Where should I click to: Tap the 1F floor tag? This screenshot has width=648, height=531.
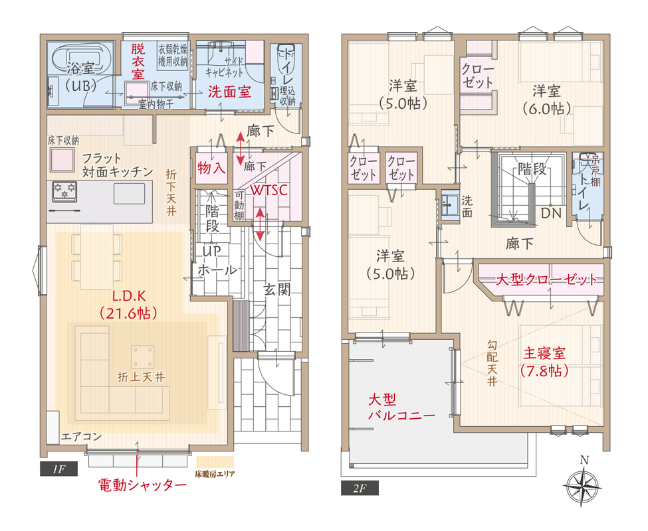(x=58, y=469)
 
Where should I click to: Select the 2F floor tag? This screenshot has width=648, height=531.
(x=360, y=489)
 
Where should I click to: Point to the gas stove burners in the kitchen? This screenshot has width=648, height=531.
(x=65, y=192)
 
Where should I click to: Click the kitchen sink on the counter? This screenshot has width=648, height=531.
(x=130, y=193)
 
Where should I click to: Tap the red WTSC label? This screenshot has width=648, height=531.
(x=269, y=190)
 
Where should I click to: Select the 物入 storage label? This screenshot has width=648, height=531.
(x=211, y=168)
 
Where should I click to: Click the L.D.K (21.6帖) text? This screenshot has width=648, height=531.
(x=129, y=305)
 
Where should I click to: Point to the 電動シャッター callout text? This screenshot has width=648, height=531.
(x=142, y=485)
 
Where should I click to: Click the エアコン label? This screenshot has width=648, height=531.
(x=81, y=437)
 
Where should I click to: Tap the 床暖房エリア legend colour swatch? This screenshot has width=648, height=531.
(x=215, y=462)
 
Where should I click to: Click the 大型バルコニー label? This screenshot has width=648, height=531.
(x=401, y=408)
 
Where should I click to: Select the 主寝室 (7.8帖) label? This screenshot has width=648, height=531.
(x=544, y=362)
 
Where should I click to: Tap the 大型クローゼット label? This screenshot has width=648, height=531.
(x=546, y=279)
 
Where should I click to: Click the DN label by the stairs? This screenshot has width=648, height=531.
(x=551, y=213)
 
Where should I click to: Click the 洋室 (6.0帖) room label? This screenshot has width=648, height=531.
(x=546, y=100)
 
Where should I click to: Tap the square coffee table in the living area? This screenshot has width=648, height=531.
(x=144, y=356)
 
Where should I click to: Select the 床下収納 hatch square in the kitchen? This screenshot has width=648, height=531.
(x=62, y=160)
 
